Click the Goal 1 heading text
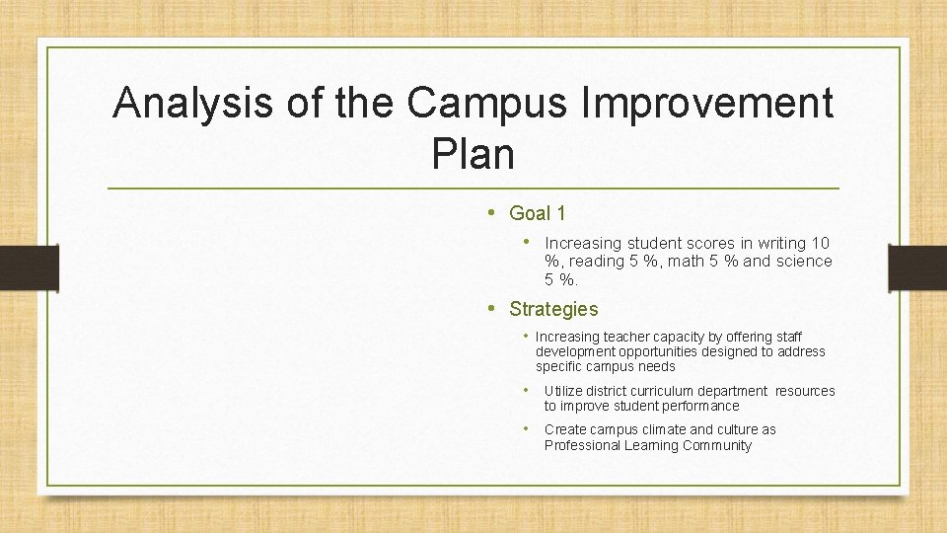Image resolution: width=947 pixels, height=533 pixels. tap(538, 213)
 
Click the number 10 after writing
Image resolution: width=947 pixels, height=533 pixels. tap(820, 243)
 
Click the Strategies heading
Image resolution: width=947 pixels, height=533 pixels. tap(553, 309)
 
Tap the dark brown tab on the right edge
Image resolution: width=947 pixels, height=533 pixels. tap(917, 267)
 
